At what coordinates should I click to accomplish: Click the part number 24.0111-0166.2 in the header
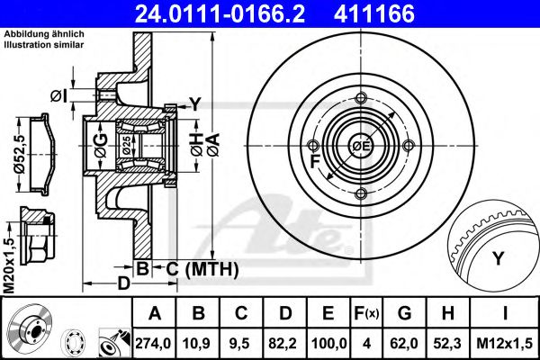click(220, 13)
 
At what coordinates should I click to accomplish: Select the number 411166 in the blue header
click(374, 13)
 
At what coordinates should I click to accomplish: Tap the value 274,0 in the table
click(154, 343)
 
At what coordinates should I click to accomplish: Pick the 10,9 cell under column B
click(198, 343)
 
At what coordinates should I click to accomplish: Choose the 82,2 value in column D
click(285, 343)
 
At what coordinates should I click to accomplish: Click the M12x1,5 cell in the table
click(504, 343)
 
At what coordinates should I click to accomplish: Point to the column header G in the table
click(404, 313)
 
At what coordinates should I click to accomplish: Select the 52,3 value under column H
click(447, 343)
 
